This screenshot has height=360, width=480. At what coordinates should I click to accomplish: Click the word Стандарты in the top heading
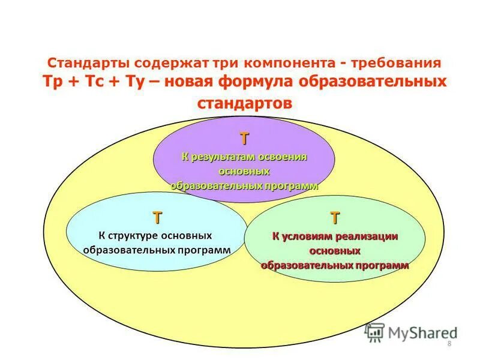pyautogui.click(x=88, y=64)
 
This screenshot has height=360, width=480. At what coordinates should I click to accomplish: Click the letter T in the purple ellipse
pyautogui.click(x=244, y=139)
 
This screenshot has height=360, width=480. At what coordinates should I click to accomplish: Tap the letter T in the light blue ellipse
pyautogui.click(x=157, y=217)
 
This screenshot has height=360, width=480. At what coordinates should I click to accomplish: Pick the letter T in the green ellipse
pyautogui.click(x=334, y=217)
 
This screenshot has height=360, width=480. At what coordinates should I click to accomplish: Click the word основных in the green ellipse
pyautogui.click(x=335, y=251)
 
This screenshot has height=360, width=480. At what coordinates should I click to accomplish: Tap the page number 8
pyautogui.click(x=449, y=343)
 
